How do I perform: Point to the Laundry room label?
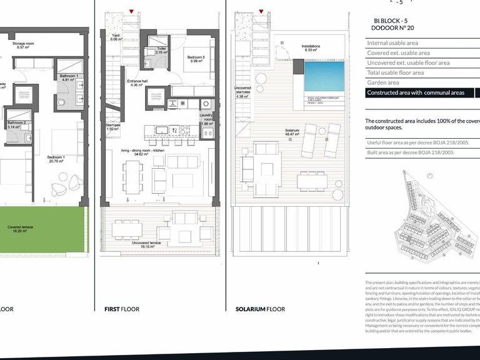pos(207,119)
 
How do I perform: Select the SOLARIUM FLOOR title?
pos(260,309)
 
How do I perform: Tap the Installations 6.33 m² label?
pos(311,48)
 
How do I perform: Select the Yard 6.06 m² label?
pos(115,37)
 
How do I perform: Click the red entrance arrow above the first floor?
pos(131,11)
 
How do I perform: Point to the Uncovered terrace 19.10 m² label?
pos(151,244)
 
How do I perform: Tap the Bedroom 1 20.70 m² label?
pos(57,159)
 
